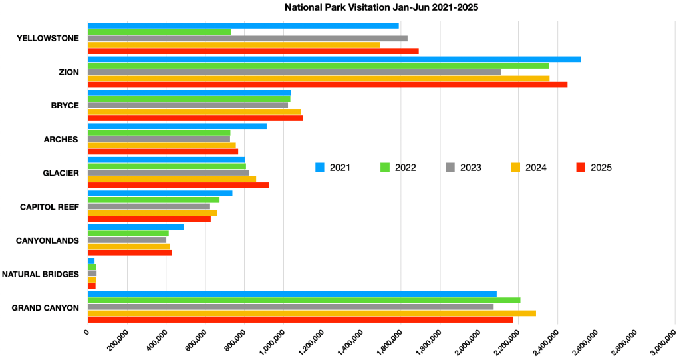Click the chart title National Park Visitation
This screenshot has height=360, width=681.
point(381,8)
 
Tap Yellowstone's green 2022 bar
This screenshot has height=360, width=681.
point(160,32)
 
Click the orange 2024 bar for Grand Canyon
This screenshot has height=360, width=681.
point(312,313)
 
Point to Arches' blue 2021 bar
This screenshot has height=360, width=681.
point(177,126)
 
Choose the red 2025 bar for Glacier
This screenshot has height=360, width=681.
point(178,185)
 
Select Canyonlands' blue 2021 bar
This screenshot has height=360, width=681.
point(136,227)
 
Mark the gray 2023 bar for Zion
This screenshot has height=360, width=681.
point(295,72)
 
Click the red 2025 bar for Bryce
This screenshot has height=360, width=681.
point(196,118)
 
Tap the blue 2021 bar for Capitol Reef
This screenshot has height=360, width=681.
point(160,194)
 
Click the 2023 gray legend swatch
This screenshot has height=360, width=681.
point(450,167)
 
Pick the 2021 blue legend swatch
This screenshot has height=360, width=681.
point(320,167)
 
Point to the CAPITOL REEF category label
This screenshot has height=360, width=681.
point(50,207)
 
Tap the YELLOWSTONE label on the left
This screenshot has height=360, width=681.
point(47,38)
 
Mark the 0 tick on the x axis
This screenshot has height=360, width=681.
point(86,330)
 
